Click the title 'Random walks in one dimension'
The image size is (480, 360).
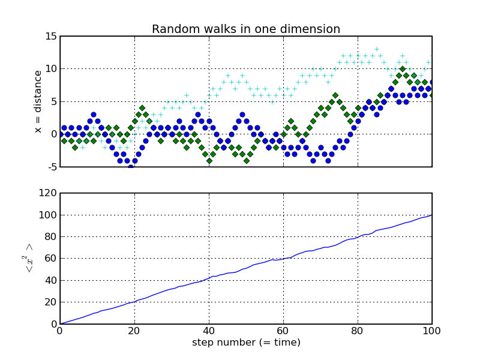click(245, 29)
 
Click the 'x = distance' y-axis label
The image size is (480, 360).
click(38, 101)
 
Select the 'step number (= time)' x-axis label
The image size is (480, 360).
click(246, 343)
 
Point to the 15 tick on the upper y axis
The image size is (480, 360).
click(50, 36)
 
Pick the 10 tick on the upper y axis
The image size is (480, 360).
click(50, 69)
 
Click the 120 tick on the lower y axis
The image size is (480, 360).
click(48, 193)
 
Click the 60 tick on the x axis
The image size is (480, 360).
click(283, 331)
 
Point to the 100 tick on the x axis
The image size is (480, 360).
click(432, 331)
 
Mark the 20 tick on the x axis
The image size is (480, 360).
click(134, 331)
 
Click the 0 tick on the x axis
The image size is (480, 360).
click(60, 331)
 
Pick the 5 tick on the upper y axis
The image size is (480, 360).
click(53, 101)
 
